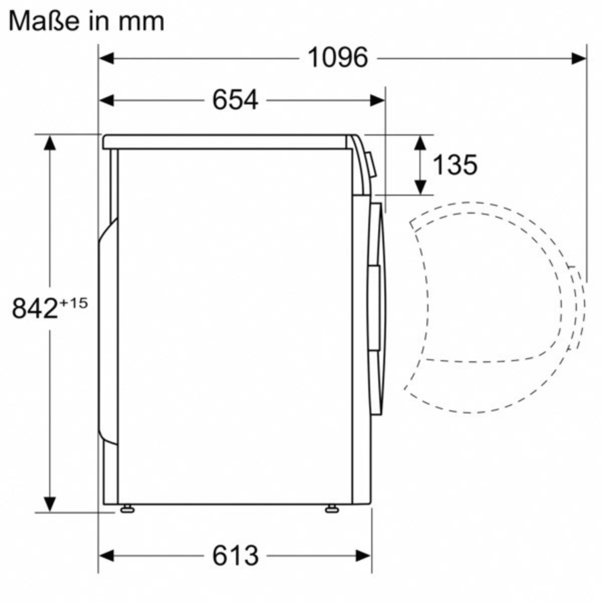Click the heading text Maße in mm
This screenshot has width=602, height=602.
point(86,21)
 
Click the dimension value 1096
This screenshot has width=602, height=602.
point(337,58)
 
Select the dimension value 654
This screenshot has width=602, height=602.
point(235,100)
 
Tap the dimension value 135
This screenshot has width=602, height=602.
point(455,165)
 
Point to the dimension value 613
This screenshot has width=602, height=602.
point(235,555)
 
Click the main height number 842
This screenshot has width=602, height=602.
point(35,308)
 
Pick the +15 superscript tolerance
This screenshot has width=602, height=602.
point(74,303)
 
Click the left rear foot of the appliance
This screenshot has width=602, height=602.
point(126,510)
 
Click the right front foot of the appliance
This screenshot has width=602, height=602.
point(331,510)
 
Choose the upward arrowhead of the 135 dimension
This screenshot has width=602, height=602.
point(420,142)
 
